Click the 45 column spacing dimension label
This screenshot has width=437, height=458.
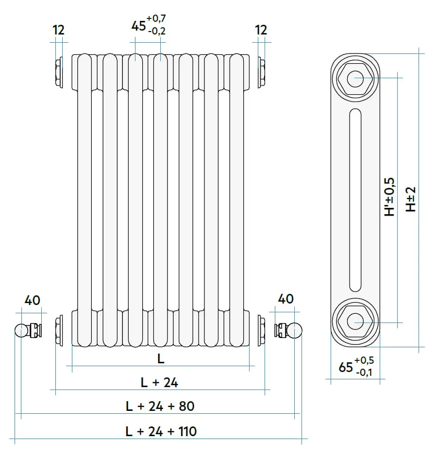pyautogui.click(x=138, y=26)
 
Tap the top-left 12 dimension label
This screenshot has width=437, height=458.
pyautogui.click(x=58, y=30)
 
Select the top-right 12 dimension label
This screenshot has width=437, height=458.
pyautogui.click(x=261, y=30)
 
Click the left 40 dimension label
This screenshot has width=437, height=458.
pyautogui.click(x=32, y=300)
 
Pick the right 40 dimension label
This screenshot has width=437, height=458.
pyautogui.click(x=286, y=299)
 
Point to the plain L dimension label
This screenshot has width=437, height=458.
pyautogui.click(x=161, y=359)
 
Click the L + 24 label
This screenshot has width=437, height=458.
pyautogui.click(x=159, y=383)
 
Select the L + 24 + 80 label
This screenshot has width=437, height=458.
pyautogui.click(x=160, y=406)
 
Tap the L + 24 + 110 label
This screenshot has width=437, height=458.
pyautogui.click(x=161, y=431)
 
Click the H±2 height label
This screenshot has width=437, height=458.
pyautogui.click(x=411, y=200)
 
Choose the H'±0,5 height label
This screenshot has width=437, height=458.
pyautogui.click(x=389, y=197)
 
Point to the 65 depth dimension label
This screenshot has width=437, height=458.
pyautogui.click(x=346, y=368)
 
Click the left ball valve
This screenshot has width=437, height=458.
pyautogui.click(x=21, y=331)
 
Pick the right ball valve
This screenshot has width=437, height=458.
pyautogui.click(x=296, y=331)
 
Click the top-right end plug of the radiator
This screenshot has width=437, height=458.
pyautogui.click(x=261, y=72)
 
